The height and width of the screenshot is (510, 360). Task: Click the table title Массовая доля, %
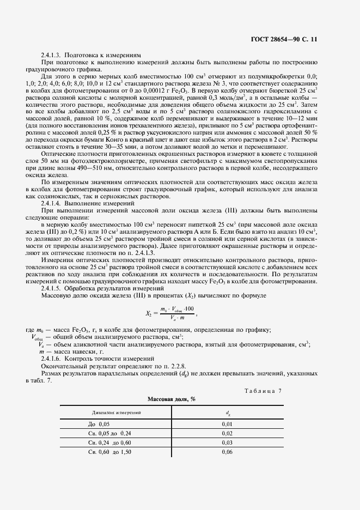[x=172, y=399]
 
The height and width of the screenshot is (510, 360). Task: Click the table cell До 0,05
[x=99, y=423]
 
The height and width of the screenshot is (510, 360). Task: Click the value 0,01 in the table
[x=227, y=423]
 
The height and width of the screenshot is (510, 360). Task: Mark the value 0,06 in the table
[x=227, y=452]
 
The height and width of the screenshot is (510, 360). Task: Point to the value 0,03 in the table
[x=227, y=442]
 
